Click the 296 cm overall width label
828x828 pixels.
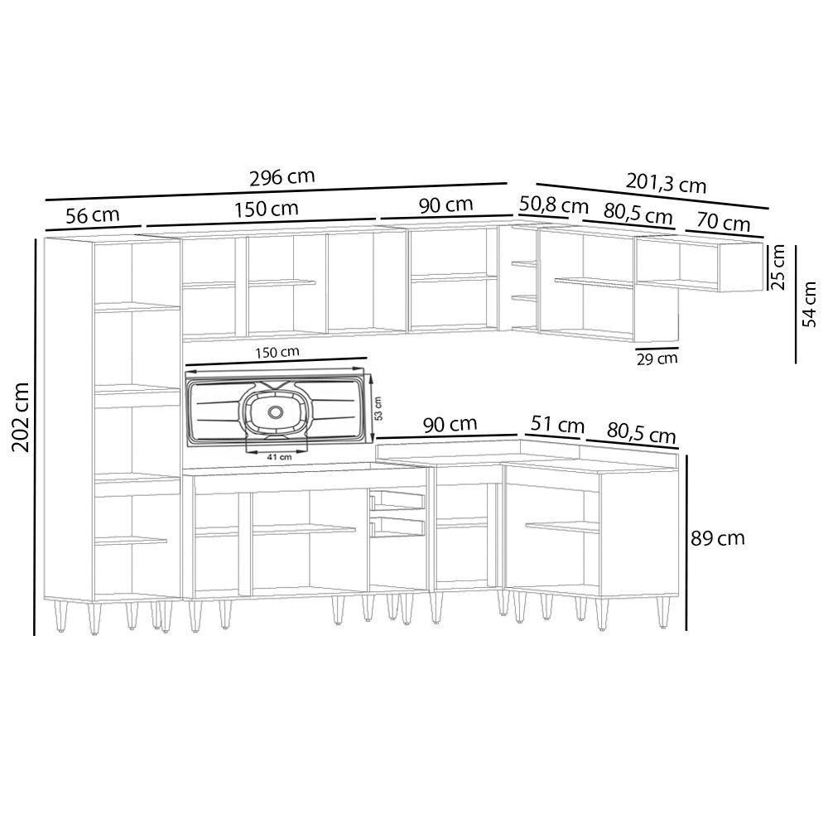click(282, 177)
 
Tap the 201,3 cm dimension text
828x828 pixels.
click(666, 182)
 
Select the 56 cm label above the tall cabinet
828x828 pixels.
click(92, 215)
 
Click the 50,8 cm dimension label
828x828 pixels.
click(553, 205)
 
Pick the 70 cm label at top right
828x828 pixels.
click(723, 223)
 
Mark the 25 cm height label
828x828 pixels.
click(778, 267)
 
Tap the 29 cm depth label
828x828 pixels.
click(657, 359)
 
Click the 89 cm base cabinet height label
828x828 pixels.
click(718, 538)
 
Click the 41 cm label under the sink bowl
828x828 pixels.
click(279, 456)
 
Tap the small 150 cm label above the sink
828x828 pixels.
click(277, 352)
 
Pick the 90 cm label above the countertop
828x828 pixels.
click(450, 424)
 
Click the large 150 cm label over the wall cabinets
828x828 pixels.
click(266, 209)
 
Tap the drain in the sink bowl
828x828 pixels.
click(276, 412)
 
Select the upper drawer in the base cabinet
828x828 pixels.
click(397, 499)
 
